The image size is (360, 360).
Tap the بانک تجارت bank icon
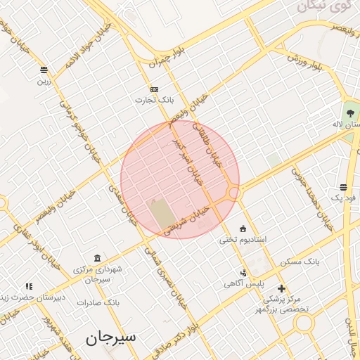pos(155,89)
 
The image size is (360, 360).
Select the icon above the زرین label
pos(44,70)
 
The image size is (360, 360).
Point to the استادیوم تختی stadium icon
pos(243,228)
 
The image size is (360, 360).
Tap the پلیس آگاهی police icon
pos(243,272)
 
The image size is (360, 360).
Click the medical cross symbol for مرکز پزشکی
pos(281,288)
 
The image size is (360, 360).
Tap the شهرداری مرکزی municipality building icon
pos(96,258)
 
